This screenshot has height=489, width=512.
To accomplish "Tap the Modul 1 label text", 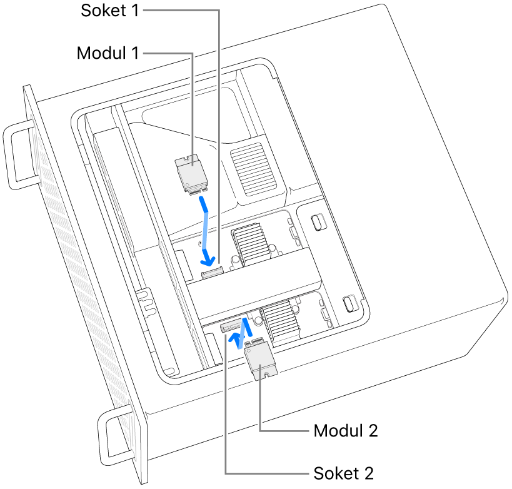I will (108, 53).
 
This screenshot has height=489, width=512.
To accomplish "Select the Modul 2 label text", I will (346, 431).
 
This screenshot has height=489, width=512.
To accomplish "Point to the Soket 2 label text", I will (343, 472).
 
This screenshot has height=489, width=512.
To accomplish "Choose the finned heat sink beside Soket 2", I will (281, 320).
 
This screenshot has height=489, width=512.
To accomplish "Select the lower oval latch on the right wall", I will (349, 304).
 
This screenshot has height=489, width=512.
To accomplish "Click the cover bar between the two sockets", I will (250, 281).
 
